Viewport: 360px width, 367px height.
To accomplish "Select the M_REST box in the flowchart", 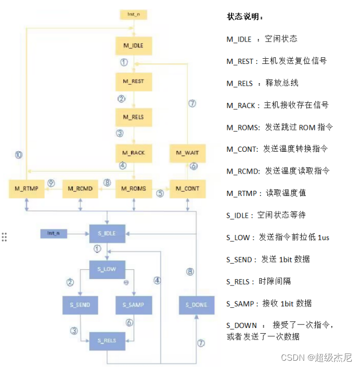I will [x=133, y=82].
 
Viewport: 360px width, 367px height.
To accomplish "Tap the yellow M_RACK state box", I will [x=133, y=153].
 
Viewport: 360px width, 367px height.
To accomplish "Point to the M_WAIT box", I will [x=187, y=153].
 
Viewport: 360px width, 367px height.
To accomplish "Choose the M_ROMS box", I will [x=133, y=188].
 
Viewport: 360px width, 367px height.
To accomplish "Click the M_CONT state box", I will [x=187, y=188].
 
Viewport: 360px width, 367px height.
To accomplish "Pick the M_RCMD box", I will [x=80, y=188].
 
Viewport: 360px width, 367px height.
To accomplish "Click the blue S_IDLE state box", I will [x=107, y=233].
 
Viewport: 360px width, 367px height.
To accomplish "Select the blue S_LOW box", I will [x=107, y=269].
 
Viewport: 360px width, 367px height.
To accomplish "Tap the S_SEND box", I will [x=80, y=305].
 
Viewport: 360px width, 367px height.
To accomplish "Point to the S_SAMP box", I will [x=134, y=305].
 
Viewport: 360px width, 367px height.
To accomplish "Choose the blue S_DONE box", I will [x=196, y=305].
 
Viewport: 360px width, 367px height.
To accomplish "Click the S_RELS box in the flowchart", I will [x=107, y=340].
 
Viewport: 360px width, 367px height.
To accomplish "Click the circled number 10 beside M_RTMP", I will [x=19, y=155].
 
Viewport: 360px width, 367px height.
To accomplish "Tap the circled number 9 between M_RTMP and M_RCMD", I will [x=51, y=183].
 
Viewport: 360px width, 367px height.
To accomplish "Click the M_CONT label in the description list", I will [x=242, y=149].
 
